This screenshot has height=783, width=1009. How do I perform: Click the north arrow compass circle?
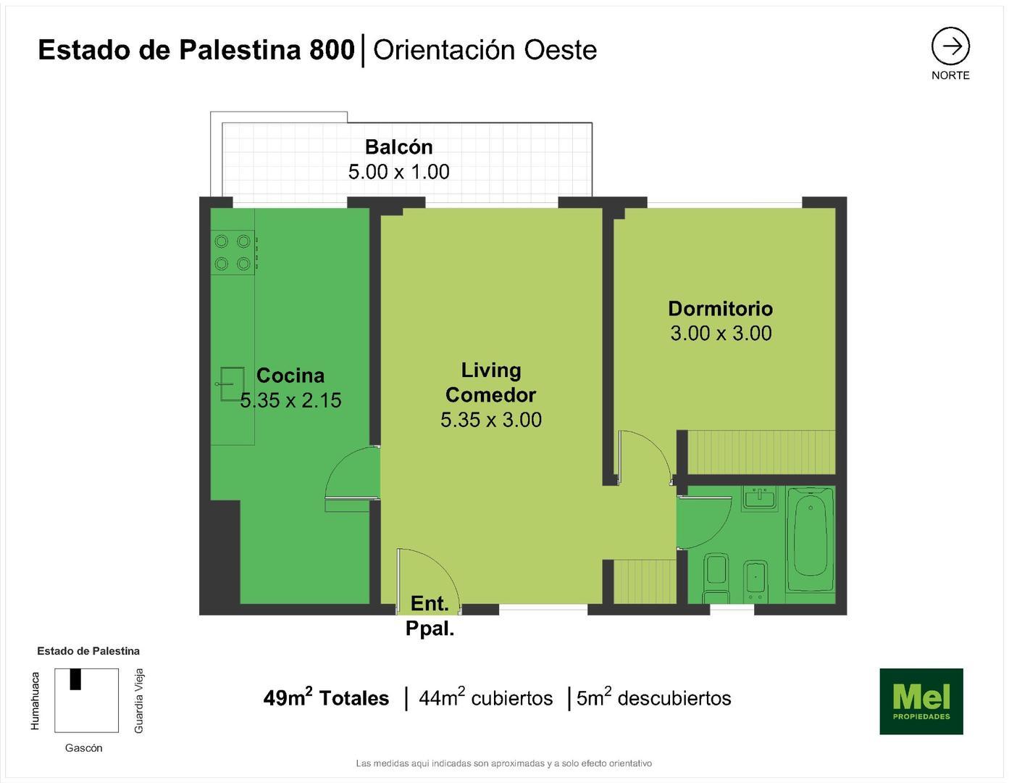(x=950, y=46)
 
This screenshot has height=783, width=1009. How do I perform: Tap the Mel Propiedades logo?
(x=921, y=701)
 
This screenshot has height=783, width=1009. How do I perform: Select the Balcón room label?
(x=398, y=147)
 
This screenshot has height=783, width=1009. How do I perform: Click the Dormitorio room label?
(x=720, y=309)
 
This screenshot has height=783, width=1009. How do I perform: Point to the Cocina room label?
(x=290, y=376)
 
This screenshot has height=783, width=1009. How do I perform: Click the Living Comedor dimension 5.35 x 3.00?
(x=491, y=420)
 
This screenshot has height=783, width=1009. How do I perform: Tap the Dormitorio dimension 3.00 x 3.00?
(x=721, y=333)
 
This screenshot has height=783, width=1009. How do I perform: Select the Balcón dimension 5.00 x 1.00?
(x=398, y=172)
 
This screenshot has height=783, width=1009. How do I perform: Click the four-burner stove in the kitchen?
(x=233, y=252)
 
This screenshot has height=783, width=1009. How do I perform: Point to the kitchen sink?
(x=231, y=384)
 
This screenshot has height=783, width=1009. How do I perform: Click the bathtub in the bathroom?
(x=811, y=540)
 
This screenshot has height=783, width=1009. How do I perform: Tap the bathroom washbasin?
(x=759, y=499)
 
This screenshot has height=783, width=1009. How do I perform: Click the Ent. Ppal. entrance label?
(x=430, y=616)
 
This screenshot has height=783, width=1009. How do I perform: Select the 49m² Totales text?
(x=326, y=698)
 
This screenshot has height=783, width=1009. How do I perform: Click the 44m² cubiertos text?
(x=485, y=698)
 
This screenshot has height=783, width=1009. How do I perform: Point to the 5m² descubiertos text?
(x=653, y=698)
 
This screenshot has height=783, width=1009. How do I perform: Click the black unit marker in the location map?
(x=75, y=679)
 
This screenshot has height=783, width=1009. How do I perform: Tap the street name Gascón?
(x=84, y=748)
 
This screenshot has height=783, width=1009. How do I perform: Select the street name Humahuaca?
(x=35, y=700)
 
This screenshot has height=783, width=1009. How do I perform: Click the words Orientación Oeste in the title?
(x=485, y=50)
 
